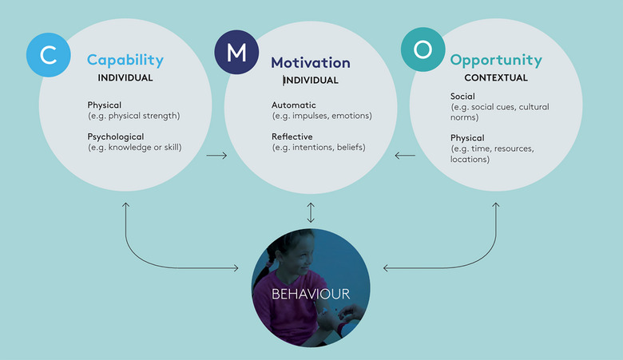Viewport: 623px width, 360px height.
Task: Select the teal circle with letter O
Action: tap(423, 50)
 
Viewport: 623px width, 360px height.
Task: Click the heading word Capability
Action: tap(125, 60)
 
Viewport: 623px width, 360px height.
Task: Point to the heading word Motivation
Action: tap(310, 62)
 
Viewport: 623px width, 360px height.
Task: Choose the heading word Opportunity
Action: tap(495, 60)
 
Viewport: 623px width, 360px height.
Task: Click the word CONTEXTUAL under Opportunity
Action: tap(495, 77)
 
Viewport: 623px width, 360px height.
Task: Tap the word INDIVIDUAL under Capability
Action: tap(125, 77)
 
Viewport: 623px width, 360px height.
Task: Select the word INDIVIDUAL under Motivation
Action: tap(311, 80)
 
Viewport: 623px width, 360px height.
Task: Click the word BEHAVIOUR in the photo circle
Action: tap(310, 294)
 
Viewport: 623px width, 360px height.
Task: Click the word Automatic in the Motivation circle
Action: tap(294, 105)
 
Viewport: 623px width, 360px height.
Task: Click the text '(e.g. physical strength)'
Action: tap(133, 115)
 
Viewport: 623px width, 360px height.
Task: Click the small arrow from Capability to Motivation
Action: tap(216, 155)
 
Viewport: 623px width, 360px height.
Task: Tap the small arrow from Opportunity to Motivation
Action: tap(405, 155)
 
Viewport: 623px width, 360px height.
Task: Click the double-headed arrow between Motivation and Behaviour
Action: tap(311, 212)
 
